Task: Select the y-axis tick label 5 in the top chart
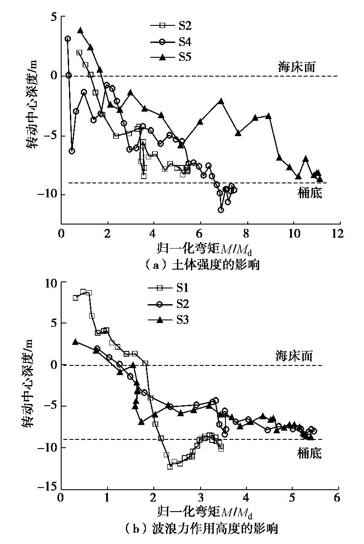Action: (x=51, y=17)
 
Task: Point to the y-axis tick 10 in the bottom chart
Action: (x=49, y=283)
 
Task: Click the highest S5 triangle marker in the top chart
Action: (x=80, y=31)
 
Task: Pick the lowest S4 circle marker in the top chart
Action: (x=221, y=210)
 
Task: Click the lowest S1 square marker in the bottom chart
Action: (x=170, y=467)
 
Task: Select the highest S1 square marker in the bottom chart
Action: (x=83, y=291)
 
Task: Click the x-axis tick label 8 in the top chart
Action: (x=247, y=232)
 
